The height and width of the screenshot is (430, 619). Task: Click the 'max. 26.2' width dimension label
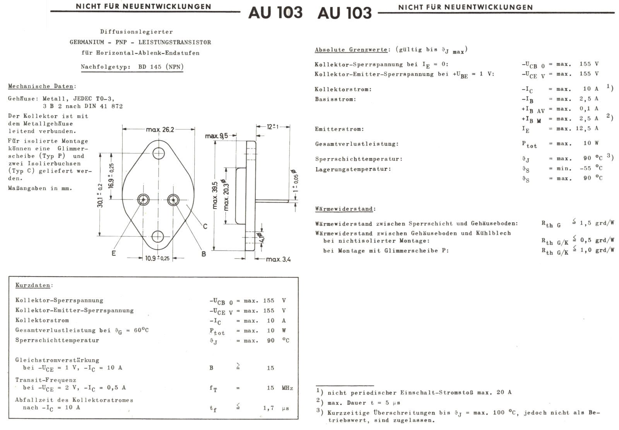click(x=160, y=130)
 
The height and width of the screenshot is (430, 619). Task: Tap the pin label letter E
click(x=114, y=253)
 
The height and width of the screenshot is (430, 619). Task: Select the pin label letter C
click(x=205, y=226)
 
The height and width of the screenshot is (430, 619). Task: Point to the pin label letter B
click(x=203, y=254)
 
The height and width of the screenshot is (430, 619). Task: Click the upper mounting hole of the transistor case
click(x=159, y=153)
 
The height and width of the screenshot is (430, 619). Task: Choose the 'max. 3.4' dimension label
click(x=279, y=259)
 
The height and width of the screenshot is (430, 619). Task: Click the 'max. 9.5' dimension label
click(x=216, y=136)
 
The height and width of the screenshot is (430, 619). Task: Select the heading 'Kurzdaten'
click(x=33, y=285)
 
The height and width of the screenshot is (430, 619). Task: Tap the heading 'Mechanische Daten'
click(x=42, y=86)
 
